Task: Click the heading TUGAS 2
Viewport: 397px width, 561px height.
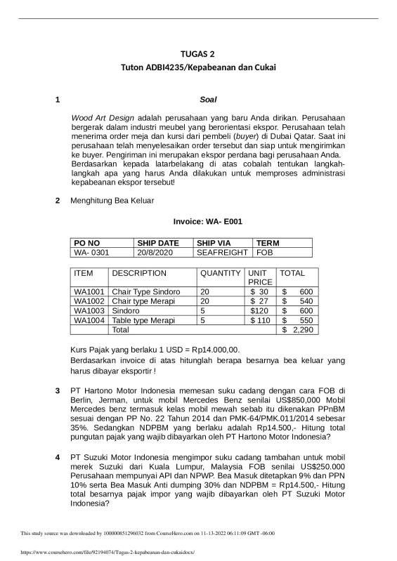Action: [197, 53]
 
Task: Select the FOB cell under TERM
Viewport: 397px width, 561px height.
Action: [266, 251]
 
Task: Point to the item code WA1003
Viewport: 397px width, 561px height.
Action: [89, 310]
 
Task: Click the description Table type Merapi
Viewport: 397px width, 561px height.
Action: [143, 319]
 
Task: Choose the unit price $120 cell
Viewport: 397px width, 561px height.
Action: [259, 310]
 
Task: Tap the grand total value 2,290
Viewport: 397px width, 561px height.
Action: [303, 329]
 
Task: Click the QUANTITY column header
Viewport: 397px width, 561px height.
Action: [221, 273]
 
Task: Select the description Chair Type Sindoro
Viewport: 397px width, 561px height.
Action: [146, 292]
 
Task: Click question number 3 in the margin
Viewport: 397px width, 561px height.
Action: [58, 390]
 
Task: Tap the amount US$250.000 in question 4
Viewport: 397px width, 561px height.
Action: [313, 466]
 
